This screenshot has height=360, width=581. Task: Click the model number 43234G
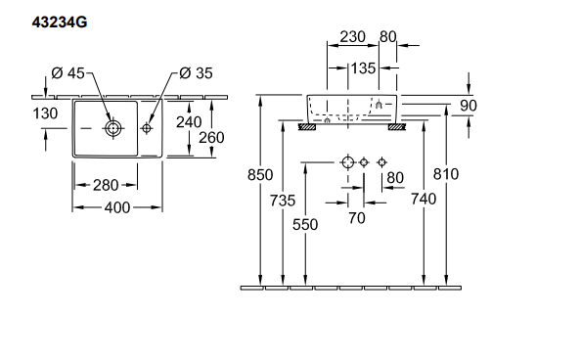tap(60, 22)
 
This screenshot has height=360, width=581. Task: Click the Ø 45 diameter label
tap(68, 73)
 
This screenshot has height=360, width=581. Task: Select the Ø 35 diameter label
tap(196, 73)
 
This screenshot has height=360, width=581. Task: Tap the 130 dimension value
tap(45, 113)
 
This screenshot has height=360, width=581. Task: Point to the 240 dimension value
tap(189, 122)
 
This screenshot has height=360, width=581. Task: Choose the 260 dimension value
tap(211, 138)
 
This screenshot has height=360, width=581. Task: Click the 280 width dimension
tap(106, 185)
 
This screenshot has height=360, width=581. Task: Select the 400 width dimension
tap(117, 207)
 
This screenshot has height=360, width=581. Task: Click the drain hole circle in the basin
tap(113, 129)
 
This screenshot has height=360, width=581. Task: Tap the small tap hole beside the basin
tap(147, 128)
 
